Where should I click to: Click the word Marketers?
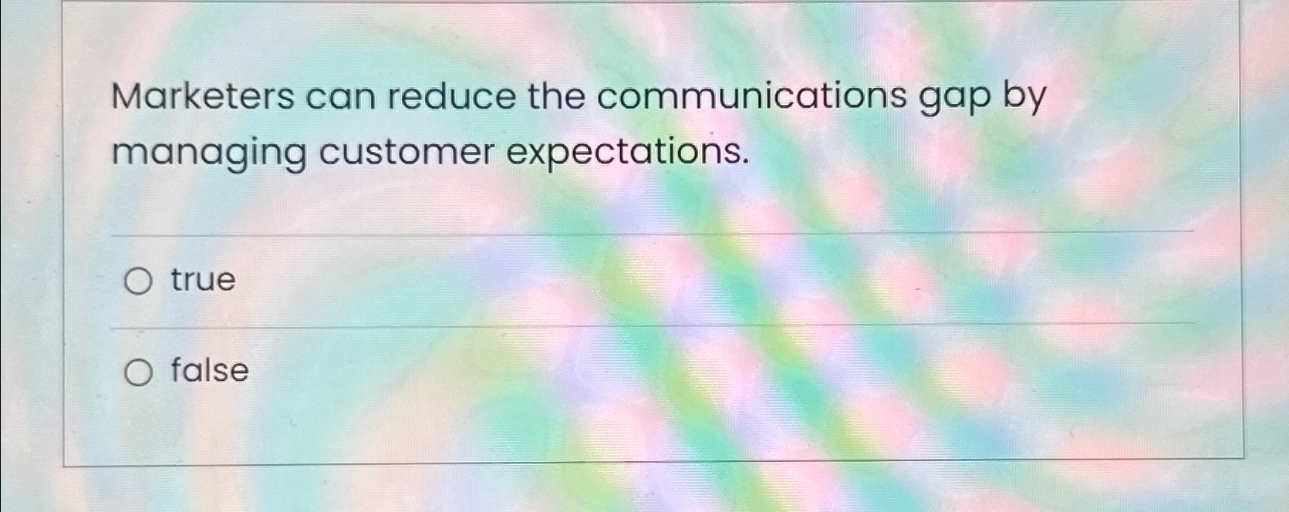coord(203,97)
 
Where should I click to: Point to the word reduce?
coord(451,97)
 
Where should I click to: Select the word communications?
coord(751,97)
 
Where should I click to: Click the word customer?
coord(407,152)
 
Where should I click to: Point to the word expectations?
coord(627,152)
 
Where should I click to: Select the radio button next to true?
coord(138,281)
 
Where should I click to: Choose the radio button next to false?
coord(138,373)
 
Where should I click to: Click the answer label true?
coord(203,280)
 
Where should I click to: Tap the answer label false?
coord(209,370)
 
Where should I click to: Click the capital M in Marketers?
coord(129,97)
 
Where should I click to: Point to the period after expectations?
coord(745,162)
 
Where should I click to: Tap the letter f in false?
coord(177,369)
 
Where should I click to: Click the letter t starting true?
coord(177,280)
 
